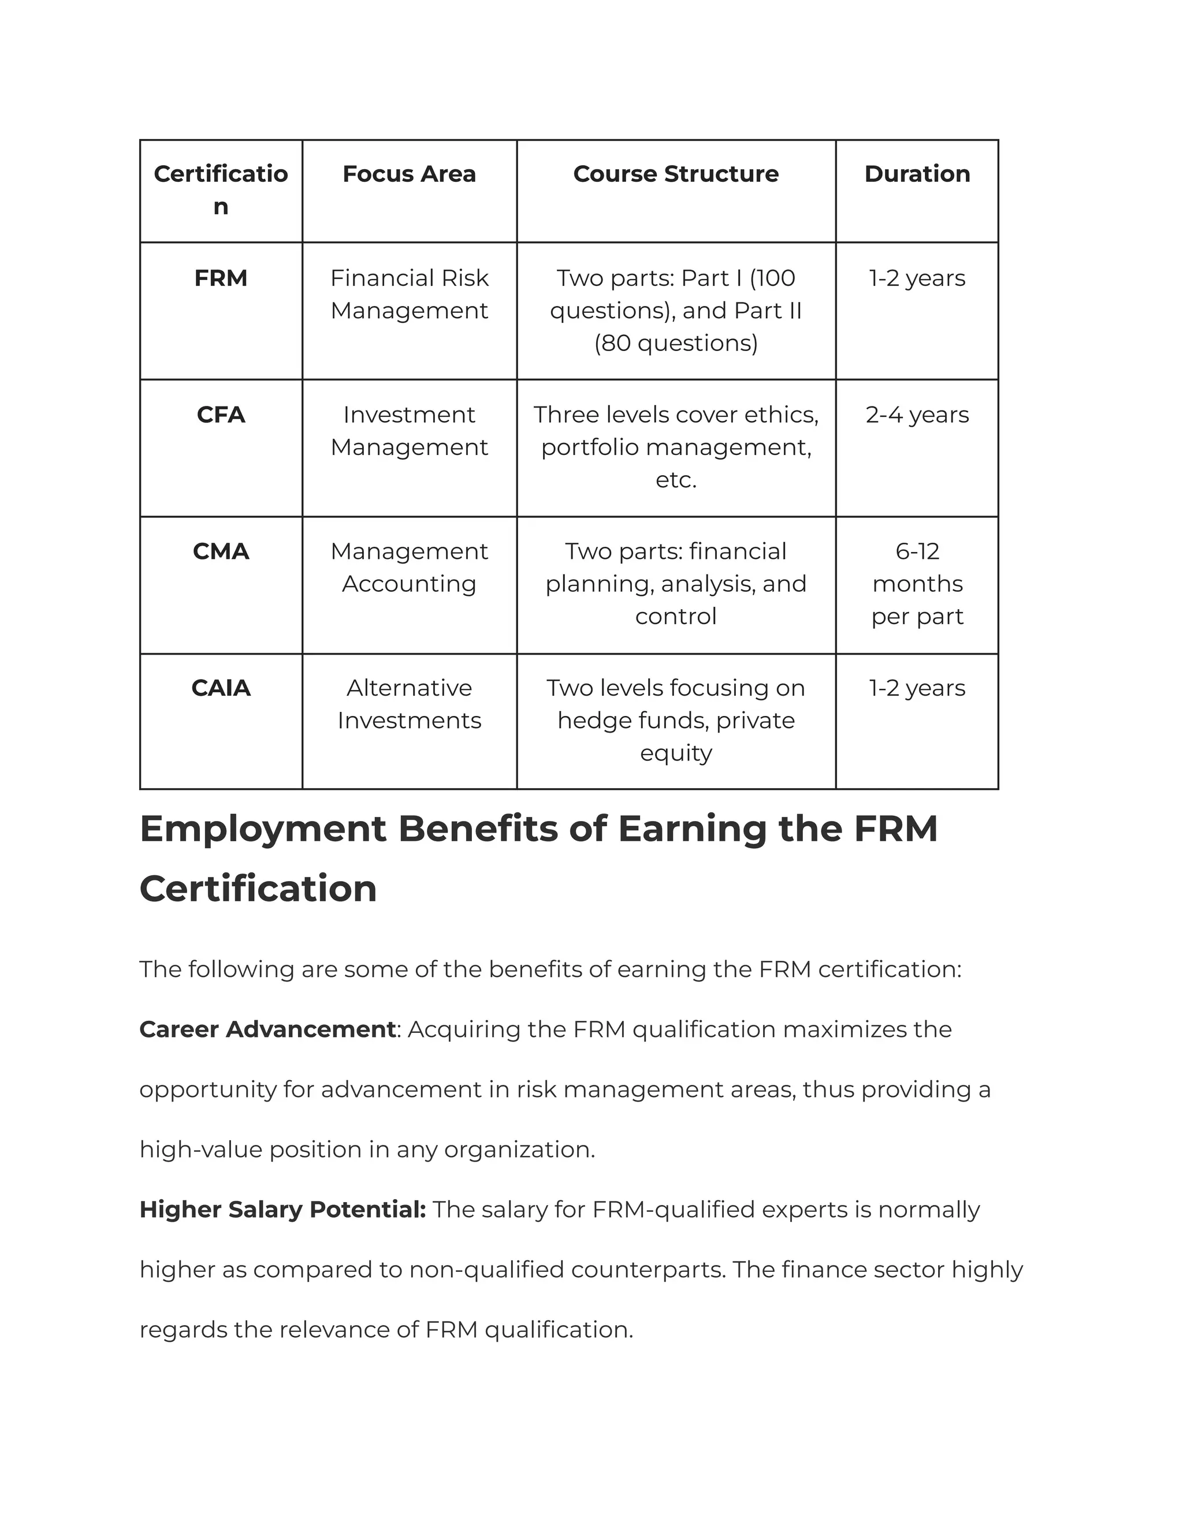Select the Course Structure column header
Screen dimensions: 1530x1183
point(676,174)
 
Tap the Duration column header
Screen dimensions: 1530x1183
point(917,174)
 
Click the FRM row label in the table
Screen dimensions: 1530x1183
point(221,278)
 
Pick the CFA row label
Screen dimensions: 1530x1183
point(221,415)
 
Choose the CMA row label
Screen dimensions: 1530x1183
point(221,551)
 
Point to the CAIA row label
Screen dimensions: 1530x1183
point(221,688)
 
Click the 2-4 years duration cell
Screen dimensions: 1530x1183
point(917,415)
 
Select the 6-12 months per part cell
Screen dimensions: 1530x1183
point(917,584)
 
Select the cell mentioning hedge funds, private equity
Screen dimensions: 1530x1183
point(676,720)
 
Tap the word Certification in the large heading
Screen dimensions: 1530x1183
point(258,889)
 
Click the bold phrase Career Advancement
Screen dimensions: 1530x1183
point(267,1029)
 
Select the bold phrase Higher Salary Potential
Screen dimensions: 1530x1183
point(282,1209)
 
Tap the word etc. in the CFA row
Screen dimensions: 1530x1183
point(676,480)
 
